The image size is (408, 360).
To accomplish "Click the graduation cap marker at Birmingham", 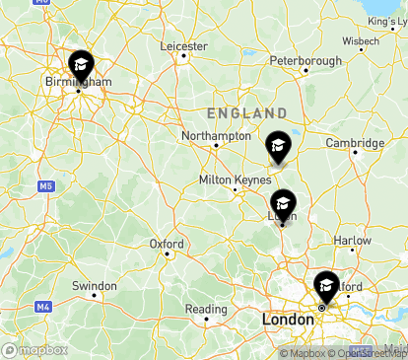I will pos(81,67).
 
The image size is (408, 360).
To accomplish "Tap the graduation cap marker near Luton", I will pos(283,204).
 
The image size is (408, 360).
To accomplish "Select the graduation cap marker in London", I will pos(325,287).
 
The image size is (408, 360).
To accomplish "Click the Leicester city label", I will pos(184,46).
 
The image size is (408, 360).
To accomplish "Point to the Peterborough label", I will pos(306,61).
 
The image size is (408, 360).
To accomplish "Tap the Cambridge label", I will pos(355,143).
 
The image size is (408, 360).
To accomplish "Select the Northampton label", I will pos(217,135).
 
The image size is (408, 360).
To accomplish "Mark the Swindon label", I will pos(95,285).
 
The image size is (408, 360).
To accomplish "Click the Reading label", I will pos(206,309).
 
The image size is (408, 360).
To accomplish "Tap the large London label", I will pos(289,321).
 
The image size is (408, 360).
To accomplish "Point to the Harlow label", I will pos(352,240).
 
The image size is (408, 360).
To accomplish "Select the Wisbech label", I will pos(361,40).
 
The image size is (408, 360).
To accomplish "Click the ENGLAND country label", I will pos(246,113).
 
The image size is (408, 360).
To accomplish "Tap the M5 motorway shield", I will pos(46,185).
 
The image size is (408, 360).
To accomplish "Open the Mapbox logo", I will pos(34,350).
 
